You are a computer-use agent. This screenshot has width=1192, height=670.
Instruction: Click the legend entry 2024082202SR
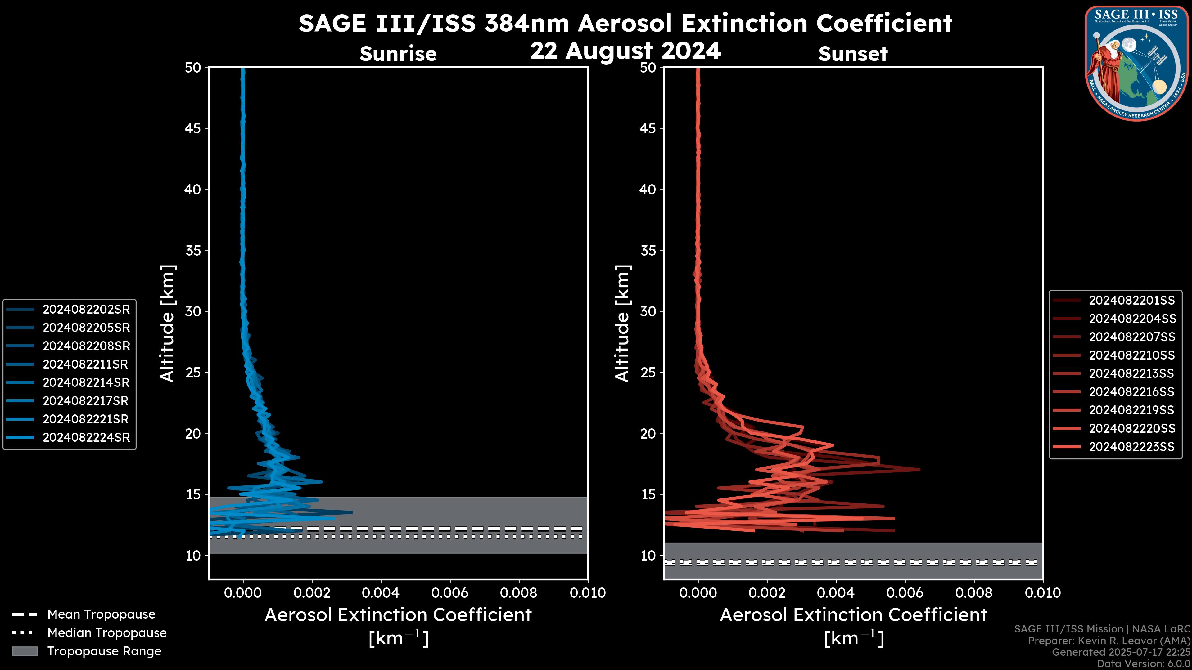(x=86, y=309)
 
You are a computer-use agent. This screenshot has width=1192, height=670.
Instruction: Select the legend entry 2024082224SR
(x=86, y=437)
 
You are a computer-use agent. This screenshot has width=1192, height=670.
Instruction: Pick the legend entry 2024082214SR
(x=86, y=382)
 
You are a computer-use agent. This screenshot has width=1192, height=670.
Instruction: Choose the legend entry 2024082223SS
(x=1131, y=447)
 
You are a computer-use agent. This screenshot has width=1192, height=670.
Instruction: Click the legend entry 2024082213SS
(x=1131, y=373)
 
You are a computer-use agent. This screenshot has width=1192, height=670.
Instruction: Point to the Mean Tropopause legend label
(x=101, y=614)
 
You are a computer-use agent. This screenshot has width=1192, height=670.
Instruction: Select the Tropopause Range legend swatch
(x=25, y=651)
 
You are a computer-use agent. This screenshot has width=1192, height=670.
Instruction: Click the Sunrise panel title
(x=398, y=54)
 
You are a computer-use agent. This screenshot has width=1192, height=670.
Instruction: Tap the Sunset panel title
(x=853, y=54)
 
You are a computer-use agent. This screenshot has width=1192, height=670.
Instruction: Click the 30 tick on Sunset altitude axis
(x=648, y=311)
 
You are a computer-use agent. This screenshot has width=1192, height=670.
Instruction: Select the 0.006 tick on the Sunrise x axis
(x=450, y=593)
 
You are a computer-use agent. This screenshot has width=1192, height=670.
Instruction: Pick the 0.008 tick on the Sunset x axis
(x=974, y=593)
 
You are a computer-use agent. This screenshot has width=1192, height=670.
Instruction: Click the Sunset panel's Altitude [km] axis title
(x=623, y=324)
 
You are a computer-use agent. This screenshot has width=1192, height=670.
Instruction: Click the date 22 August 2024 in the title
(x=625, y=51)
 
